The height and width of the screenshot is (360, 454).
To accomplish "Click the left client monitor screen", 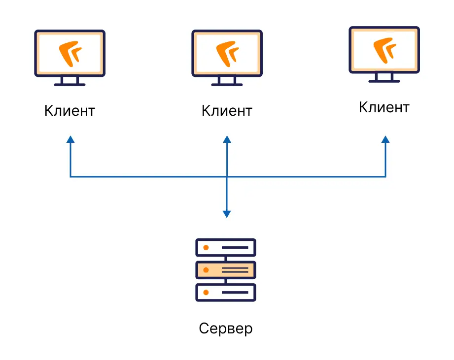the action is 70,53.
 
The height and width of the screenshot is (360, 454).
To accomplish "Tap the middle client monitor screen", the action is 227,53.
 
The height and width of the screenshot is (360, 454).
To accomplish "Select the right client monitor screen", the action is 384,50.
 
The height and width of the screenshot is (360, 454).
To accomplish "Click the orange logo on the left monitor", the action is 70,54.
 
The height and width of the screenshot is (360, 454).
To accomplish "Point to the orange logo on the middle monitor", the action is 228,54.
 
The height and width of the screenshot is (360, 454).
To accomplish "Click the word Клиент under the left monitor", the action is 70,111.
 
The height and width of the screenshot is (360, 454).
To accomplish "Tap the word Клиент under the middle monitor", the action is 227,111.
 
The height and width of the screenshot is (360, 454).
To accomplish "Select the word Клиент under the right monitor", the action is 384,107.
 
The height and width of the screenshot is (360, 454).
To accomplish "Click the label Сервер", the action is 226,329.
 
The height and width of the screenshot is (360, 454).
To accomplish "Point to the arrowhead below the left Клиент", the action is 70,139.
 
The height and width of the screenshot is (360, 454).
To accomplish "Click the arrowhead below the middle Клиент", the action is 227,139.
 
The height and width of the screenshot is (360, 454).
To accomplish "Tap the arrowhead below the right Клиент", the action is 385,139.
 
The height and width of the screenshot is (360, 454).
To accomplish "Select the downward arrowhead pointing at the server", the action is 227,214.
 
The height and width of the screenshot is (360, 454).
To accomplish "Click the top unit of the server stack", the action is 226,248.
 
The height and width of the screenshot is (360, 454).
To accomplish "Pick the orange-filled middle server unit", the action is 226,270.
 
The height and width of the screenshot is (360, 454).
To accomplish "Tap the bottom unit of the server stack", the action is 226,293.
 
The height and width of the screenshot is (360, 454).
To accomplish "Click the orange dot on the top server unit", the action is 206,248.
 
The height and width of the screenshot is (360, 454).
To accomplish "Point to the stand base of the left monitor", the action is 70,85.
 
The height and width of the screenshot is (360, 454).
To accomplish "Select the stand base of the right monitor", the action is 384,81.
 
